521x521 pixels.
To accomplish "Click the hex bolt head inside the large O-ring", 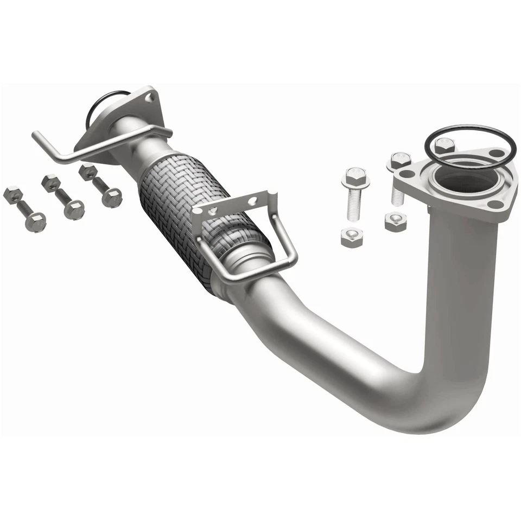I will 444,144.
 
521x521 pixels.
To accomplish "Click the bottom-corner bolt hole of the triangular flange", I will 495,205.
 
